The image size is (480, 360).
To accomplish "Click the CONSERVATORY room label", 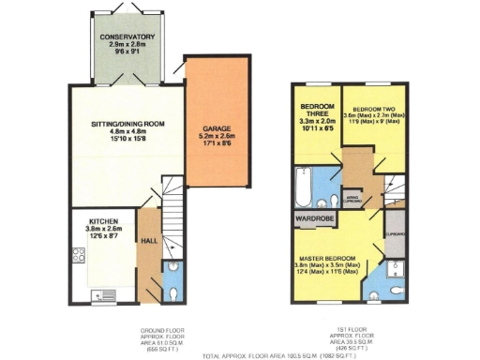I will pyautogui.click(x=129, y=37).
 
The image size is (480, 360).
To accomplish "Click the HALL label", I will pyautogui.click(x=148, y=239).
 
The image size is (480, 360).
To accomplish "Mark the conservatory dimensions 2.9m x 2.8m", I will pyautogui.click(x=129, y=45).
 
